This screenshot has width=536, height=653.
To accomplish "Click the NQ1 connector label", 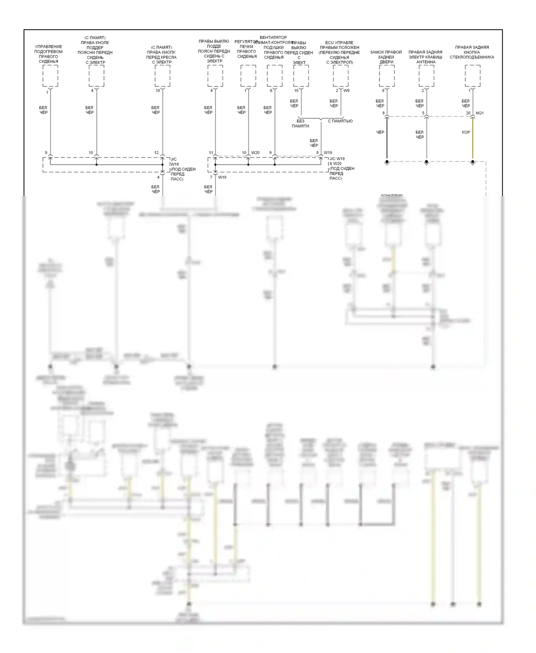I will coord(480,113).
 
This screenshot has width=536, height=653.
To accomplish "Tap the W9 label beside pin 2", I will coord(346,91).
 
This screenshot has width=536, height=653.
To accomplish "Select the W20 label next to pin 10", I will coord(255,153).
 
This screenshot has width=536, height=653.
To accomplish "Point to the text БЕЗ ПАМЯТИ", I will coord(300,124).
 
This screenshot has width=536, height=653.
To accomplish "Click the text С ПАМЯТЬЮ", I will coord(340,121).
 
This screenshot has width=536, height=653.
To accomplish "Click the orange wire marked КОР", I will coord(473,139).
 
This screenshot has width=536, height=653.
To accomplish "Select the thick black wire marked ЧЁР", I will coord(387,139).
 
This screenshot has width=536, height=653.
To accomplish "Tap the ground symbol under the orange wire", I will coord(473,162).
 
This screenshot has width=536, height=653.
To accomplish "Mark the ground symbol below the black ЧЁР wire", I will coord(387,162).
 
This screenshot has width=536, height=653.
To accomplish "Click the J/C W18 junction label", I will coord(174,162).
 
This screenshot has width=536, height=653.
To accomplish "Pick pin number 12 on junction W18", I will coord(156,153).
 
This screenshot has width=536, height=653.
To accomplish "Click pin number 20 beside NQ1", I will coord(468,113).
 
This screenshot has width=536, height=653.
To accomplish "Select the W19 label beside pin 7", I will coord(222,177).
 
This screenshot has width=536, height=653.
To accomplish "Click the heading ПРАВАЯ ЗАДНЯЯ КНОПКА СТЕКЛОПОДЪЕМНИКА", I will coord(472,52).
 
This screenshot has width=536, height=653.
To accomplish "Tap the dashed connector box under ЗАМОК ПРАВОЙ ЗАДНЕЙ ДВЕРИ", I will coord(387,76).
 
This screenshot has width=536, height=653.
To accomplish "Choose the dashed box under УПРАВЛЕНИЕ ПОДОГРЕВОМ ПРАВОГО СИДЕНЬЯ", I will coord(50,76).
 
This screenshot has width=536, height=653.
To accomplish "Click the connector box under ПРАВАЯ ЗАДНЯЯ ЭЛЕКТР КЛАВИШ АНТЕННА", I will coord(426,76).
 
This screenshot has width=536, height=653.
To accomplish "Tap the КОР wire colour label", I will coord(466,133).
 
